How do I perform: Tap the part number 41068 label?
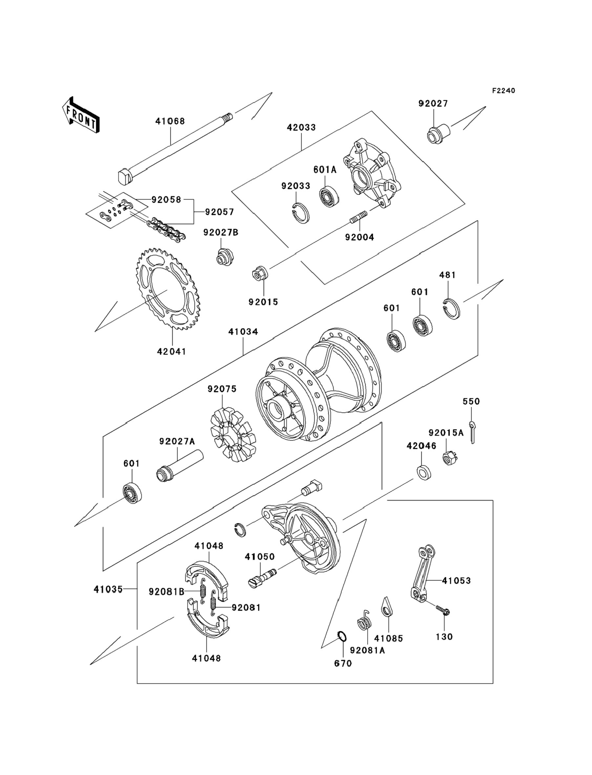170,121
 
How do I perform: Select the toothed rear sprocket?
166,290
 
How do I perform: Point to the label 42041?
172,351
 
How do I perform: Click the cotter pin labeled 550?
472,432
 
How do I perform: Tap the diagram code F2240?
503,91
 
